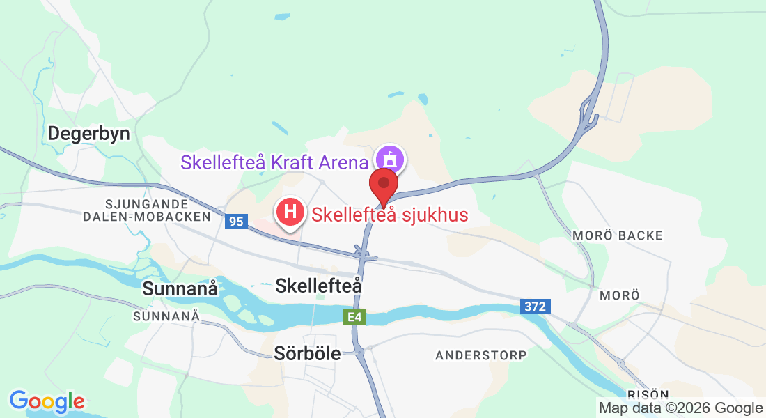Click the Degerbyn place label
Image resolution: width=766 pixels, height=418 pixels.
88,134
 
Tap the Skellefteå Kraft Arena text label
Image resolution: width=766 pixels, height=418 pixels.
274,162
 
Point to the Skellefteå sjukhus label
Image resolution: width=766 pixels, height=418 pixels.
389,215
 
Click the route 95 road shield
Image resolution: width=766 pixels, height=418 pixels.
236,222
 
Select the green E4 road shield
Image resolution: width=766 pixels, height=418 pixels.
355,318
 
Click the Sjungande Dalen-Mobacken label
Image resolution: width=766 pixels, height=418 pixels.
156,210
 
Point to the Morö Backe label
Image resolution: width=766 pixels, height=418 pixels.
618,235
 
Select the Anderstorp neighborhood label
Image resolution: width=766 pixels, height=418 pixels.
481,355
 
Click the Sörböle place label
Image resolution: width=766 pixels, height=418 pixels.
307,353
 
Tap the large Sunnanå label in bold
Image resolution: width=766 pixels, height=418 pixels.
180,288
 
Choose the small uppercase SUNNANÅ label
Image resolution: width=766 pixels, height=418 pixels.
166,316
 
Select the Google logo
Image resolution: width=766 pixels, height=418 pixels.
47,401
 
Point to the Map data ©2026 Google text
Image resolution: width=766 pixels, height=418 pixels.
680,408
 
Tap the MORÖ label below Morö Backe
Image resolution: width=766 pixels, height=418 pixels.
619,295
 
